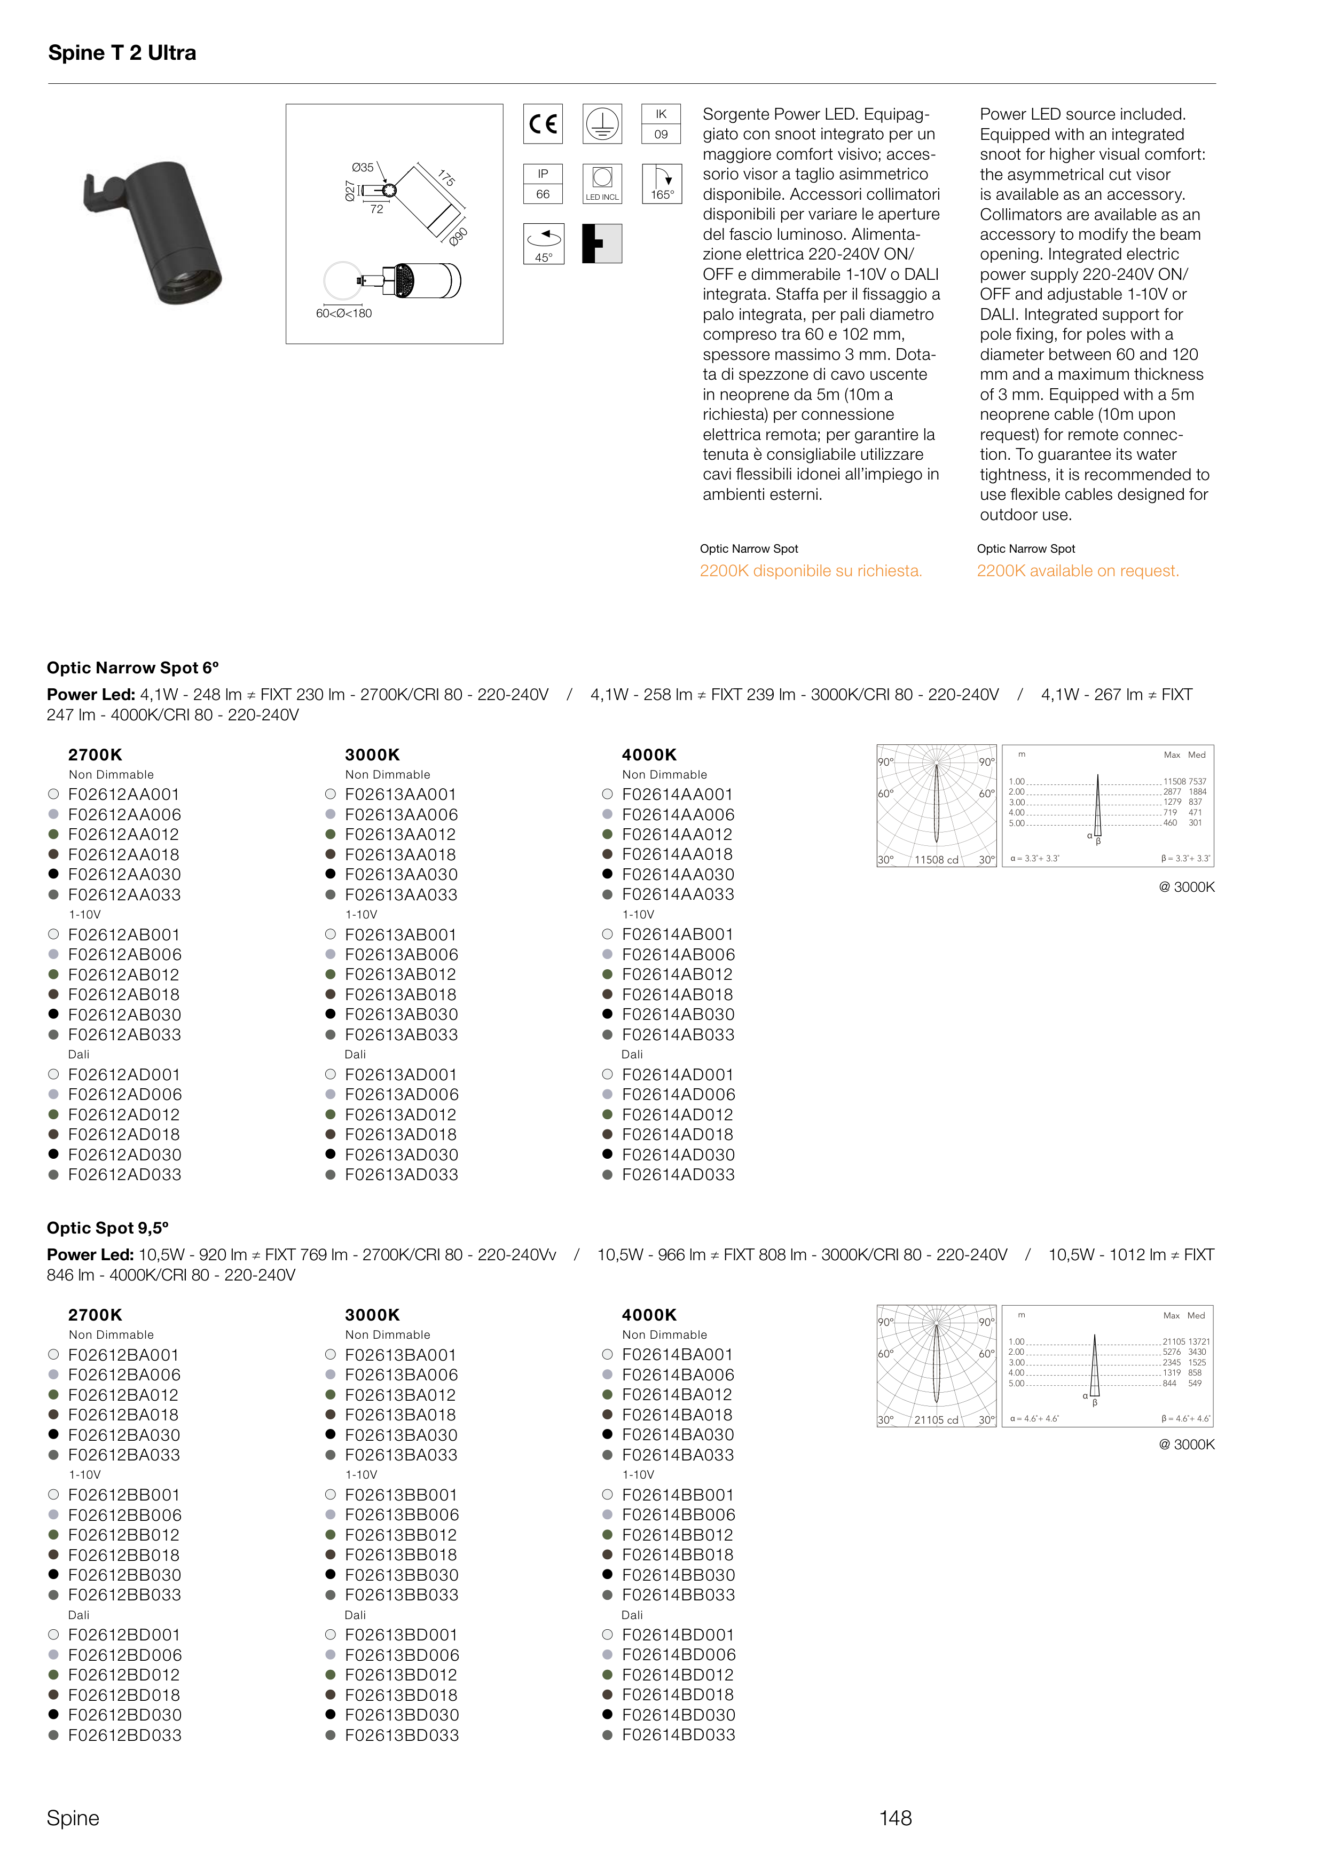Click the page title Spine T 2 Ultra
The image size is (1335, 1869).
[x=122, y=53]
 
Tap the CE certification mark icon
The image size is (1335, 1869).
[x=543, y=124]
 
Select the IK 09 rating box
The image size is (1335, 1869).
[x=661, y=124]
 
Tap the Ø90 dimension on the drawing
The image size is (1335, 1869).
[x=458, y=236]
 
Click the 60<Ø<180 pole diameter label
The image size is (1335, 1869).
[x=343, y=313]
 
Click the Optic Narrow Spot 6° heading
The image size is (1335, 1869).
[x=132, y=667]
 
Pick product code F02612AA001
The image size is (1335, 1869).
[x=123, y=795]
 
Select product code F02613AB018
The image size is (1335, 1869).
[x=400, y=994]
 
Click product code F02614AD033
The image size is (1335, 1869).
[x=678, y=1174]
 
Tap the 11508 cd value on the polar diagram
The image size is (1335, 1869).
[x=936, y=860]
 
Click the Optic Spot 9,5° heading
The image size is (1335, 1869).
[x=108, y=1228]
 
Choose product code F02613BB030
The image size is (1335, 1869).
[x=401, y=1575]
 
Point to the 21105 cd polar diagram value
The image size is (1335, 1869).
[x=936, y=1420]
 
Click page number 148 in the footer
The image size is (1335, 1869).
[x=895, y=1818]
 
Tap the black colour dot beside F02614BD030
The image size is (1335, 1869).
[x=608, y=1715]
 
